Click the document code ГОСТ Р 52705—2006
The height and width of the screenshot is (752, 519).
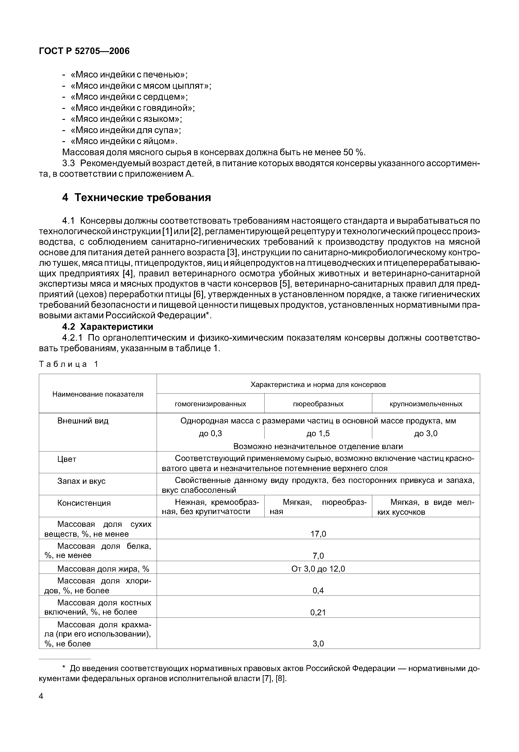point(84,51)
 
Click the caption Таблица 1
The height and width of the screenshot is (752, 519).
point(68,364)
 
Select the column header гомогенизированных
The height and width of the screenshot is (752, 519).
point(211,404)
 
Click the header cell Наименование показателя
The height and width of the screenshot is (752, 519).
point(98,394)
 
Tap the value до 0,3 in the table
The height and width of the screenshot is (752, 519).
point(211,433)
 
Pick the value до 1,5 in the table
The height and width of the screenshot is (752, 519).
point(318,433)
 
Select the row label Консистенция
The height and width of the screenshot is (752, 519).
point(84,503)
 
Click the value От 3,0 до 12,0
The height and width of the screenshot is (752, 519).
point(318,568)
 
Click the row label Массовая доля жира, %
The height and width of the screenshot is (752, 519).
point(103,568)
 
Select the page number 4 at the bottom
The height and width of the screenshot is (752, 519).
point(41,696)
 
